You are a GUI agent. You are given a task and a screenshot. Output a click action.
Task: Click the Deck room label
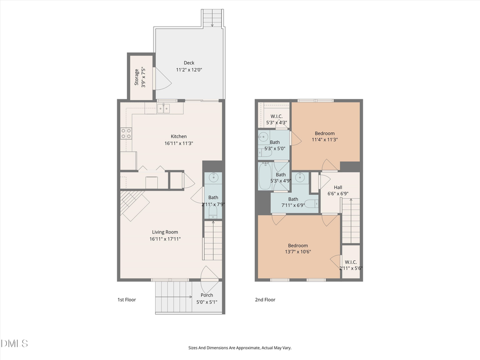point(189,62)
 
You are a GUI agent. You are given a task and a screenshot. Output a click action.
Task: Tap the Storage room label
point(137,77)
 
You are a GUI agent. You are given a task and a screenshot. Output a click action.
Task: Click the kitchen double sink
point(163,108)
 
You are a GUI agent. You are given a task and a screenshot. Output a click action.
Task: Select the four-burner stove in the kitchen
point(126,133)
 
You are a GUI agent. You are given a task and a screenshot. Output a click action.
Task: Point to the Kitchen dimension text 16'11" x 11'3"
point(179,143)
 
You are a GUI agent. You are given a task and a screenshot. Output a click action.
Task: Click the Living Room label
point(165,232)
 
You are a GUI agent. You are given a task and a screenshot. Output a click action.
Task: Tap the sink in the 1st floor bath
point(213,178)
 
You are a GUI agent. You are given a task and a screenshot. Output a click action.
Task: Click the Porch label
point(206,295)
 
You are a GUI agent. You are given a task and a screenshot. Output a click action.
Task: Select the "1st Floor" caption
point(126,300)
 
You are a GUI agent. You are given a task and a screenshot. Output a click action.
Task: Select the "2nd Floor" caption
point(265,300)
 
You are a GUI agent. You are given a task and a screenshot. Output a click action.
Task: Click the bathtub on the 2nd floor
point(265,177)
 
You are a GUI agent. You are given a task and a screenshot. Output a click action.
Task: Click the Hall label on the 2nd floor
point(338,187)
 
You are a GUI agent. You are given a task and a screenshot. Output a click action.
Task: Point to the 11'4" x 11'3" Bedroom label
point(324,133)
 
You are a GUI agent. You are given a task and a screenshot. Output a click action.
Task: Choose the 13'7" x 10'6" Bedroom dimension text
point(298,252)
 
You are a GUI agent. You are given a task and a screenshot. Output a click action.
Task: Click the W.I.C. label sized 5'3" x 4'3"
point(276,116)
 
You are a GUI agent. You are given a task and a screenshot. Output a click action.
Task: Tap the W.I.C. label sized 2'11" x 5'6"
point(350,262)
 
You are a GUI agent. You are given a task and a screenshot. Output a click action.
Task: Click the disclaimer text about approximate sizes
point(239,348)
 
